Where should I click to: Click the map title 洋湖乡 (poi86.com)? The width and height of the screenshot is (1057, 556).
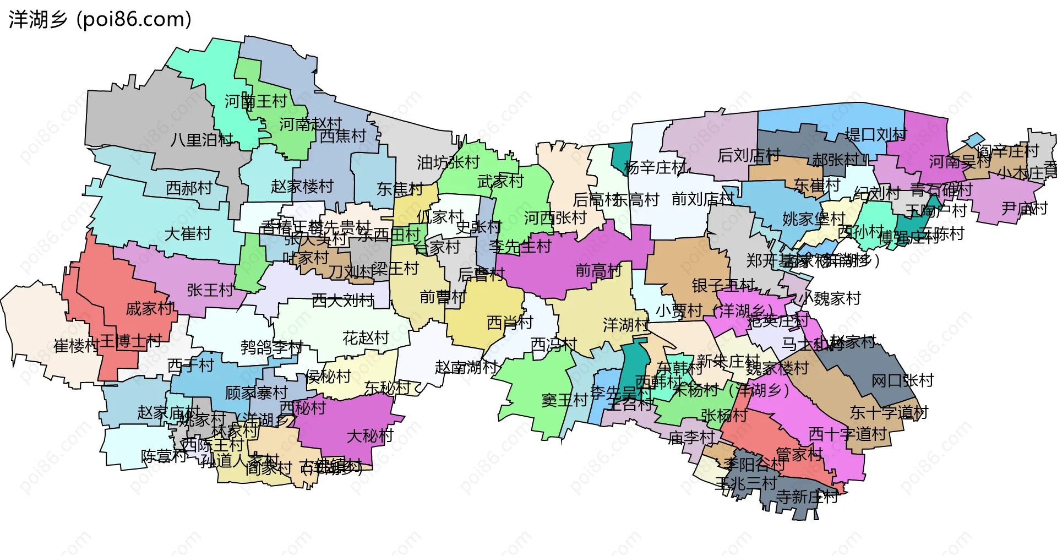click(100, 20)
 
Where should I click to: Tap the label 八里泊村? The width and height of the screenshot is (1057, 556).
click(201, 140)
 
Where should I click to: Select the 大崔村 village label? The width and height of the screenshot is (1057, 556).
click(188, 234)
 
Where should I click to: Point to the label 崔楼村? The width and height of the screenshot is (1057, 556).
click(76, 346)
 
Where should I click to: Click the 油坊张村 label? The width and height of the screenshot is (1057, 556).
click(448, 162)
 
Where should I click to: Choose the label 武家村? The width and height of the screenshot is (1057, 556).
click(500, 181)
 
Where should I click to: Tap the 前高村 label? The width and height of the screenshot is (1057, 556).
click(598, 270)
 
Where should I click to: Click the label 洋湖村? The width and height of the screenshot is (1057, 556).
click(626, 325)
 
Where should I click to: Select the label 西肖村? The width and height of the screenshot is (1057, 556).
click(510, 323)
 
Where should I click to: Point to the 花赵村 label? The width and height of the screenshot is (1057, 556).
click(366, 337)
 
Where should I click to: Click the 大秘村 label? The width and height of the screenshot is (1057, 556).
click(370, 436)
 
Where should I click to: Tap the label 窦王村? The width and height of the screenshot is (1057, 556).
click(564, 400)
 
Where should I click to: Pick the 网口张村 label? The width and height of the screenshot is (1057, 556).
click(902, 380)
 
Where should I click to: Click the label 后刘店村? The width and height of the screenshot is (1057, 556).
click(749, 156)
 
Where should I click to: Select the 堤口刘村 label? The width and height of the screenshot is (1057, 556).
click(876, 134)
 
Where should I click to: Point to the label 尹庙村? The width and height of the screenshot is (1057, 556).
click(1024, 209)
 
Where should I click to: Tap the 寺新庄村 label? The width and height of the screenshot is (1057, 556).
click(807, 497)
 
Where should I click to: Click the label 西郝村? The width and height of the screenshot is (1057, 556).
click(189, 188)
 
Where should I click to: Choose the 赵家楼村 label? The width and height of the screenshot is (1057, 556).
click(302, 187)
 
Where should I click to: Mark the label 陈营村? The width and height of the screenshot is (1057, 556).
click(164, 456)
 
